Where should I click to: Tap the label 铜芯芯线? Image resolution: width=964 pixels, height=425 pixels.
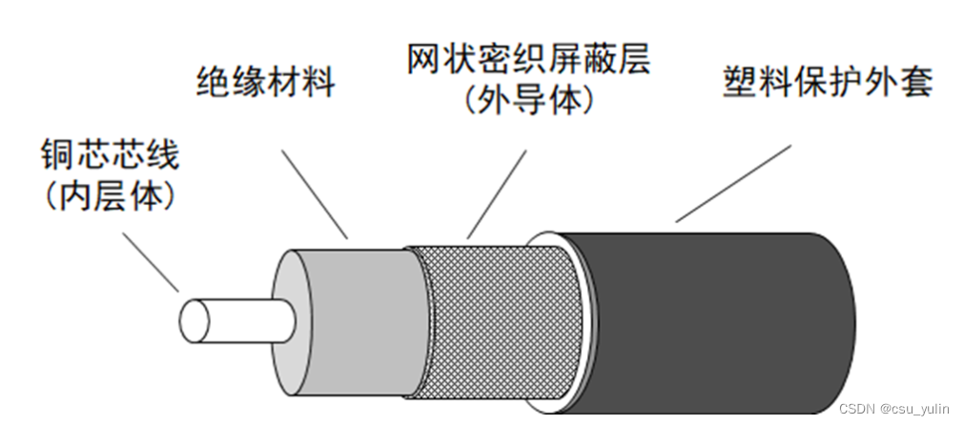tap(110, 153)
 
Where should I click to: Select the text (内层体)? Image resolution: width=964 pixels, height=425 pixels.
tap(110, 194)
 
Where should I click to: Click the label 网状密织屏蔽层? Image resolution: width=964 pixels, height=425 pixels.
tap(527, 61)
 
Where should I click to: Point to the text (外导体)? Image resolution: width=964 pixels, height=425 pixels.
tap(527, 100)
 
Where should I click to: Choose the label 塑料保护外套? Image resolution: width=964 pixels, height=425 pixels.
tap(827, 82)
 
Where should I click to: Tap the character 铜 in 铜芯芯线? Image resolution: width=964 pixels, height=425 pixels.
tap(56, 153)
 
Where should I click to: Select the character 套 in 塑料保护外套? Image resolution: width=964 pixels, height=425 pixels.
tap(914, 82)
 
